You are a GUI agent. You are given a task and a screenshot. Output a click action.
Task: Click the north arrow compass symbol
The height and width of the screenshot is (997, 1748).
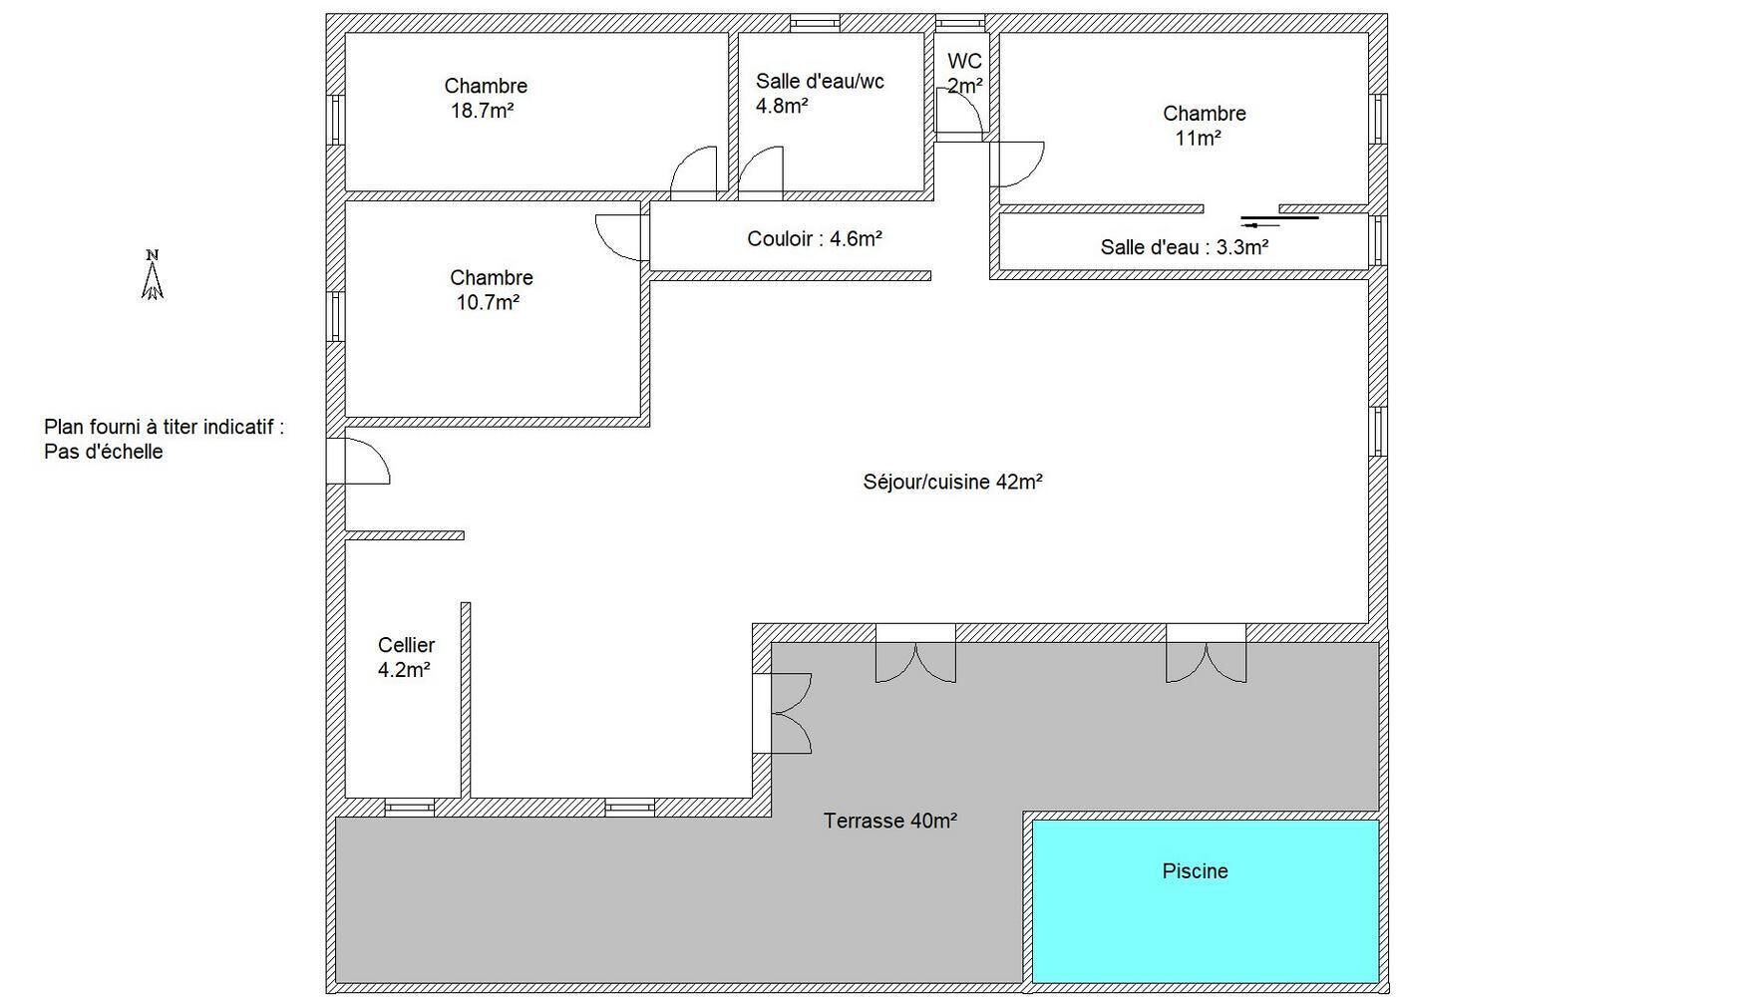click(x=152, y=275)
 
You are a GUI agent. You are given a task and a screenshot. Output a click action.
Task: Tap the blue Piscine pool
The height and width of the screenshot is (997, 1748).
click(x=1205, y=900)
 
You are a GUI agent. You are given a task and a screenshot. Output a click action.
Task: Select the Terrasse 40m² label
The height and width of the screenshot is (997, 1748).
click(x=890, y=821)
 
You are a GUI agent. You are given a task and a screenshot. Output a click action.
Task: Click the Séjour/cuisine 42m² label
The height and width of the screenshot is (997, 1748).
click(x=952, y=482)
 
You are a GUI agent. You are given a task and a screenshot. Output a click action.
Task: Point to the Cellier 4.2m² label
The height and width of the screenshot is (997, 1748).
click(x=406, y=657)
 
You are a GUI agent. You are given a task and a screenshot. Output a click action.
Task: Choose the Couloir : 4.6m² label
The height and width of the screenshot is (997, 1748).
click(x=815, y=238)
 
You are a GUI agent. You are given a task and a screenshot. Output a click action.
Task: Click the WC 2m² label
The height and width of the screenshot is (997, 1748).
click(x=964, y=73)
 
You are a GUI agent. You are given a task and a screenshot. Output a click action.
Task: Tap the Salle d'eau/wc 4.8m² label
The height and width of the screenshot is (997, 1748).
click(x=820, y=93)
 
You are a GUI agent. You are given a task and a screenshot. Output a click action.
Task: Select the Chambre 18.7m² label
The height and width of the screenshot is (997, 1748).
click(x=485, y=98)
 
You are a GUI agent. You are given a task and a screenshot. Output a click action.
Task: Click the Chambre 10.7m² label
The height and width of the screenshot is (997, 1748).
click(x=491, y=289)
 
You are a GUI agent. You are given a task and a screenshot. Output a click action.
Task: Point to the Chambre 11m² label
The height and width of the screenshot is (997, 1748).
click(x=1204, y=126)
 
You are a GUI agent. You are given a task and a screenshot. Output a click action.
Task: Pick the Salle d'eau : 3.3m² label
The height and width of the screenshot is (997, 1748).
click(x=1184, y=247)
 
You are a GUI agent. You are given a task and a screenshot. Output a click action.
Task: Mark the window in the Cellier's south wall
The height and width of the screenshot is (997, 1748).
click(x=410, y=808)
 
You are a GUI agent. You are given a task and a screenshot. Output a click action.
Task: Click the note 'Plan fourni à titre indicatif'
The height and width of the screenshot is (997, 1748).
click(x=164, y=427)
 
